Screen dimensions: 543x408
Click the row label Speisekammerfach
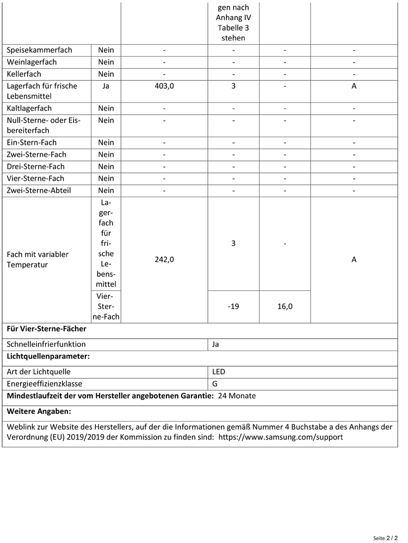(x=39, y=50)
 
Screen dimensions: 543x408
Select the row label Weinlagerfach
(x=32, y=62)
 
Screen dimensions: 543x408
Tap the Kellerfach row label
(x=24, y=74)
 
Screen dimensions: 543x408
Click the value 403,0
(x=164, y=86)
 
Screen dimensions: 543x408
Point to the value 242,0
(x=164, y=260)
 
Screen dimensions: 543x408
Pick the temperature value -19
(x=233, y=307)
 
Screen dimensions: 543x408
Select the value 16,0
(x=285, y=307)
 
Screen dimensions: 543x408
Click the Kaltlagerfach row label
(x=32, y=109)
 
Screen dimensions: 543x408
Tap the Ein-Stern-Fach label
(x=32, y=143)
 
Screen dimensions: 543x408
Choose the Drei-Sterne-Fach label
(x=35, y=167)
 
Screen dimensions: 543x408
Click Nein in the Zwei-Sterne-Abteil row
(x=106, y=191)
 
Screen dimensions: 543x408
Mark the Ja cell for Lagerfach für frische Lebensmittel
(x=106, y=86)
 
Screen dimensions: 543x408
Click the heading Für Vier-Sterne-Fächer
(x=46, y=329)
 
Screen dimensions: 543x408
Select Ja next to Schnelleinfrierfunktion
(x=215, y=344)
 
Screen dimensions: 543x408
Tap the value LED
(x=218, y=372)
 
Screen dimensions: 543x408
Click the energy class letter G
(x=215, y=384)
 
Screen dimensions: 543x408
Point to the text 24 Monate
(x=237, y=396)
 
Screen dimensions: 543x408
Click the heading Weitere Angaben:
(x=39, y=411)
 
